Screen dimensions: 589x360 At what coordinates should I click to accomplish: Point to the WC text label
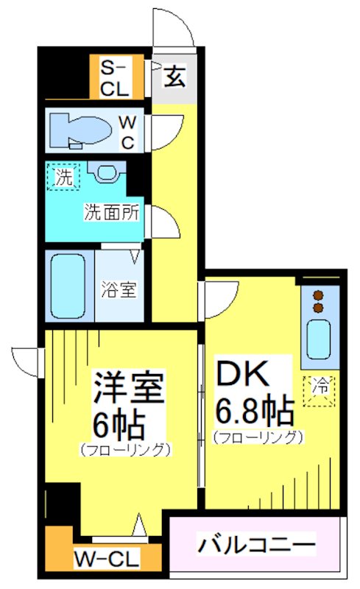point(127,131)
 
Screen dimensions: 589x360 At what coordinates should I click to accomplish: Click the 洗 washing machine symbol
point(63,177)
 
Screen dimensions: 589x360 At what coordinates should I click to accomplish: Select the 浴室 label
point(118,289)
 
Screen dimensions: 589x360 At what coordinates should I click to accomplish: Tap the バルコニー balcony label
point(256,546)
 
